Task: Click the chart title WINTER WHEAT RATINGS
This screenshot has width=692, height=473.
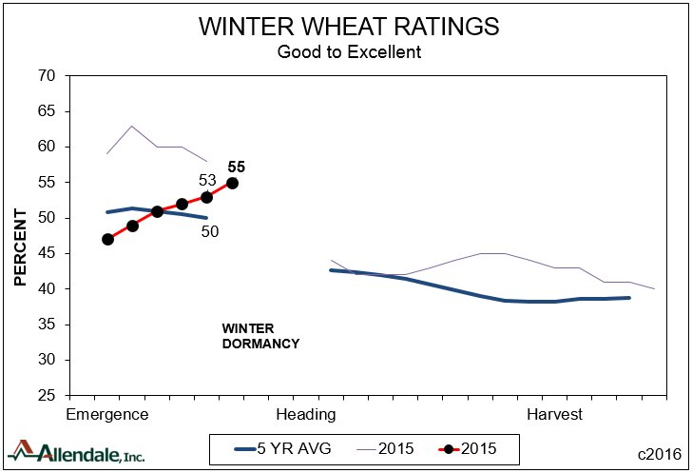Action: (x=348, y=27)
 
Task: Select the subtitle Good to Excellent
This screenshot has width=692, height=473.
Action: (x=348, y=51)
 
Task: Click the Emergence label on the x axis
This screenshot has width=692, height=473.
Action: (x=106, y=415)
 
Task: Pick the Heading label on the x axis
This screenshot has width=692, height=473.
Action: (x=305, y=415)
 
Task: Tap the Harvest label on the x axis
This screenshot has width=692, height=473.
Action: (x=555, y=415)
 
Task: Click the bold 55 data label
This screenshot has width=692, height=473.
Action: (x=237, y=167)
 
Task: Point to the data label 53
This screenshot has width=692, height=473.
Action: (x=207, y=180)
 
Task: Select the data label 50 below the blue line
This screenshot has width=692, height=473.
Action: (x=211, y=230)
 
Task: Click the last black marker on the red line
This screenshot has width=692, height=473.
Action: (x=232, y=183)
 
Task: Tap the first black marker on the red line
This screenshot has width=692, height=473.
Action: (x=107, y=239)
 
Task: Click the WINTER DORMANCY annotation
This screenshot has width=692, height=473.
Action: (x=260, y=336)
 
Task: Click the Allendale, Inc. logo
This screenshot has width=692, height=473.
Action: (x=76, y=452)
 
